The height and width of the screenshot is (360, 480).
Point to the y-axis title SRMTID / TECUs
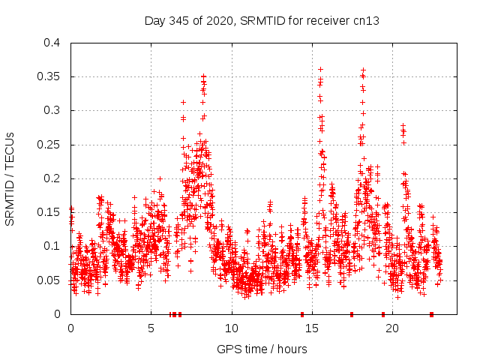(10, 178)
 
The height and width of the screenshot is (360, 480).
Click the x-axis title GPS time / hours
(262, 349)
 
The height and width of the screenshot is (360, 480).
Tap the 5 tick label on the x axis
(151, 328)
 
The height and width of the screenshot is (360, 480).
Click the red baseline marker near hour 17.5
(352, 314)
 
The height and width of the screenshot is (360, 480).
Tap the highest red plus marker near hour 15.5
(320, 69)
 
